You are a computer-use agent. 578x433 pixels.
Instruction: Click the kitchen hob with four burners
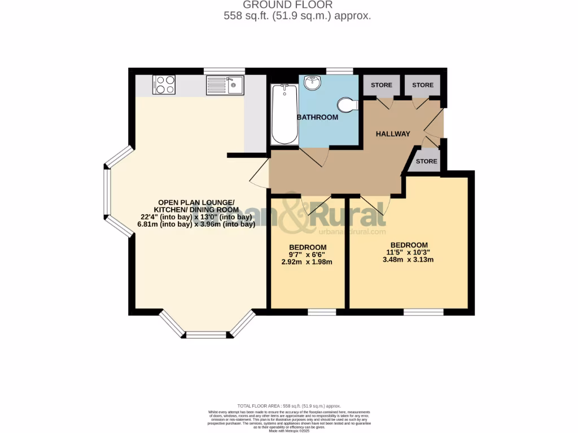point(164,85)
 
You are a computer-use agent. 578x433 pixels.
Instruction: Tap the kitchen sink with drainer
point(225,85)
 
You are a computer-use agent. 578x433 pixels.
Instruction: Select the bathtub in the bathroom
point(283,114)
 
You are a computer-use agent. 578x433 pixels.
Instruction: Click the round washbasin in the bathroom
point(312,83)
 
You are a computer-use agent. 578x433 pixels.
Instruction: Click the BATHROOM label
point(318,117)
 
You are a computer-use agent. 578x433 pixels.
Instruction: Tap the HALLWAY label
point(393,134)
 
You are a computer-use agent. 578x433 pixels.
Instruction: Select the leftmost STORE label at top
point(381,85)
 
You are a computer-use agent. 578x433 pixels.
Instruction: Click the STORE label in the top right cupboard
point(423,85)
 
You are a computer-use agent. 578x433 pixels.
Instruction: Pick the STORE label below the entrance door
point(426,161)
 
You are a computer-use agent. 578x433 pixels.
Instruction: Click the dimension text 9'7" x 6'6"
point(308,255)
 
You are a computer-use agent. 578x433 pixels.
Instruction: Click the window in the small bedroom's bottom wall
point(322,311)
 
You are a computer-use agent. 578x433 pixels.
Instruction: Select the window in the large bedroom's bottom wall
point(423,311)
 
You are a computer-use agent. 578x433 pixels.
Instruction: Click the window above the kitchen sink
point(224,71)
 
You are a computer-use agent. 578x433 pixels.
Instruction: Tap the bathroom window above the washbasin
point(340,71)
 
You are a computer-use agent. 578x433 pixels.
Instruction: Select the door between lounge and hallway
point(260,173)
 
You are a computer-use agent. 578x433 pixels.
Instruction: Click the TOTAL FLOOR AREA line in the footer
point(289,406)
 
